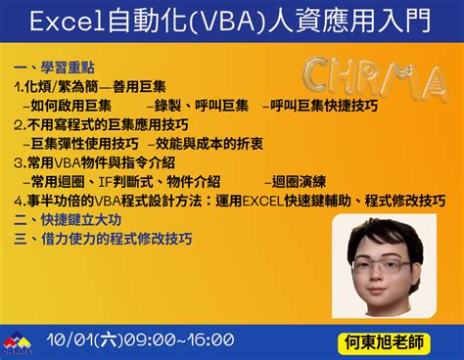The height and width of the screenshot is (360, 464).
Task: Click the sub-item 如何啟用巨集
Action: [70, 105]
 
